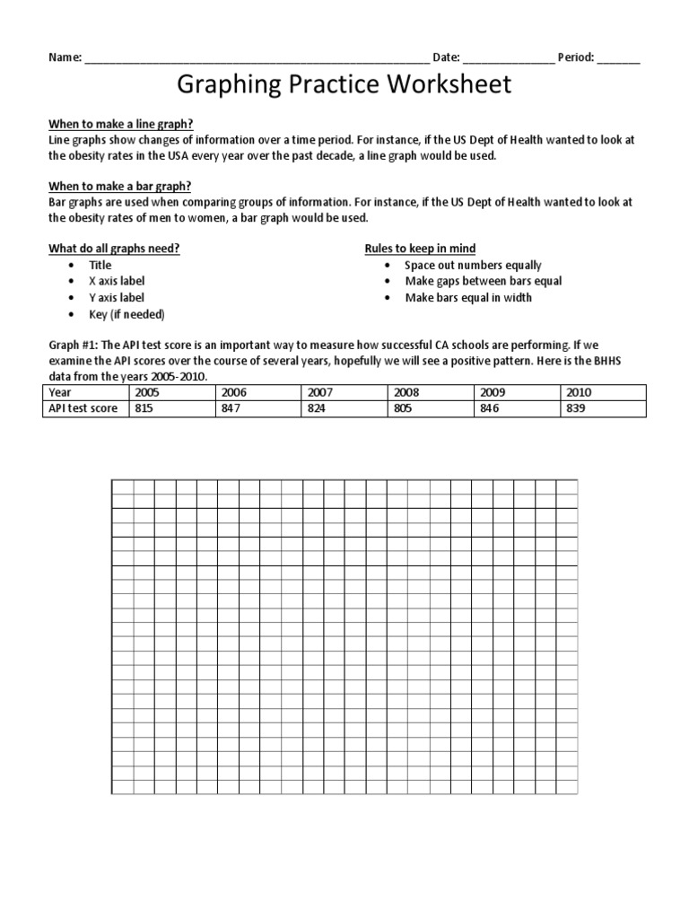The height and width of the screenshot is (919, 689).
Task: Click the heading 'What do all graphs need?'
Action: click(x=114, y=248)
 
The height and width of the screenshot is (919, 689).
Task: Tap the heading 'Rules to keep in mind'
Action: click(x=420, y=248)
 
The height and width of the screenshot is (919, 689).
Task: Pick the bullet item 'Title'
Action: click(x=100, y=265)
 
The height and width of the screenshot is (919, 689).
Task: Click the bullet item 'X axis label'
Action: click(x=117, y=281)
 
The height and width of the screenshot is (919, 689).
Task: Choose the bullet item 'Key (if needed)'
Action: click(x=126, y=314)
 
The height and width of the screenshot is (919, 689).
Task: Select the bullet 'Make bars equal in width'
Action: click(x=468, y=297)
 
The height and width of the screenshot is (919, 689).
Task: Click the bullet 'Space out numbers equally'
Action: click(x=473, y=265)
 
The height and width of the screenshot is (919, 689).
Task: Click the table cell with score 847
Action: click(x=259, y=408)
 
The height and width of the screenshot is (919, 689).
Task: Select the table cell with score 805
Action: click(x=433, y=408)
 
